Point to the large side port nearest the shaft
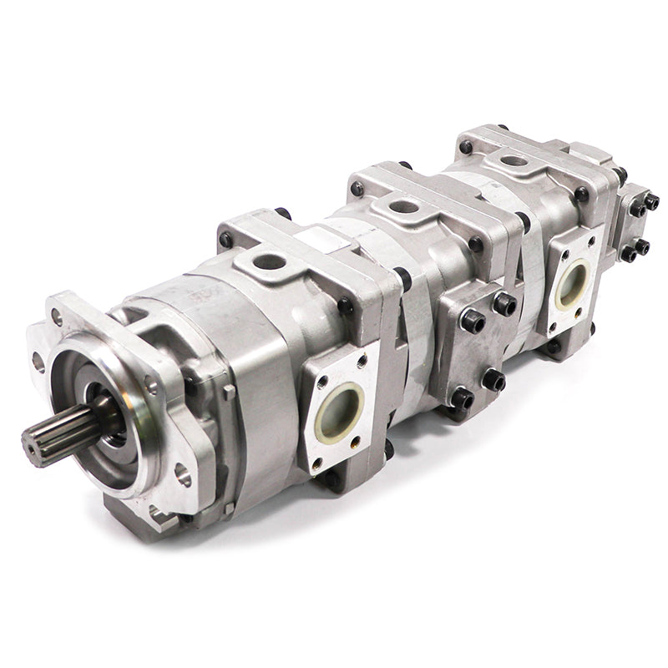pos(339,411)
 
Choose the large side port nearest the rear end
pos(571,283)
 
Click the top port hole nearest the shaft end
pos(269,262)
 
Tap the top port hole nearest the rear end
pos(514,159)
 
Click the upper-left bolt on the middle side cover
pos(473,321)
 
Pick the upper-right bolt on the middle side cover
pos(504,304)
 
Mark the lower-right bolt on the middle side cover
pos(493,380)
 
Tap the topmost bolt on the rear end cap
pos(650,201)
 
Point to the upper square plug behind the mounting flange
pos(229,392)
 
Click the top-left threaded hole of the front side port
pos(323,382)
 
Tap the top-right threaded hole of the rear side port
pos(591,241)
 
